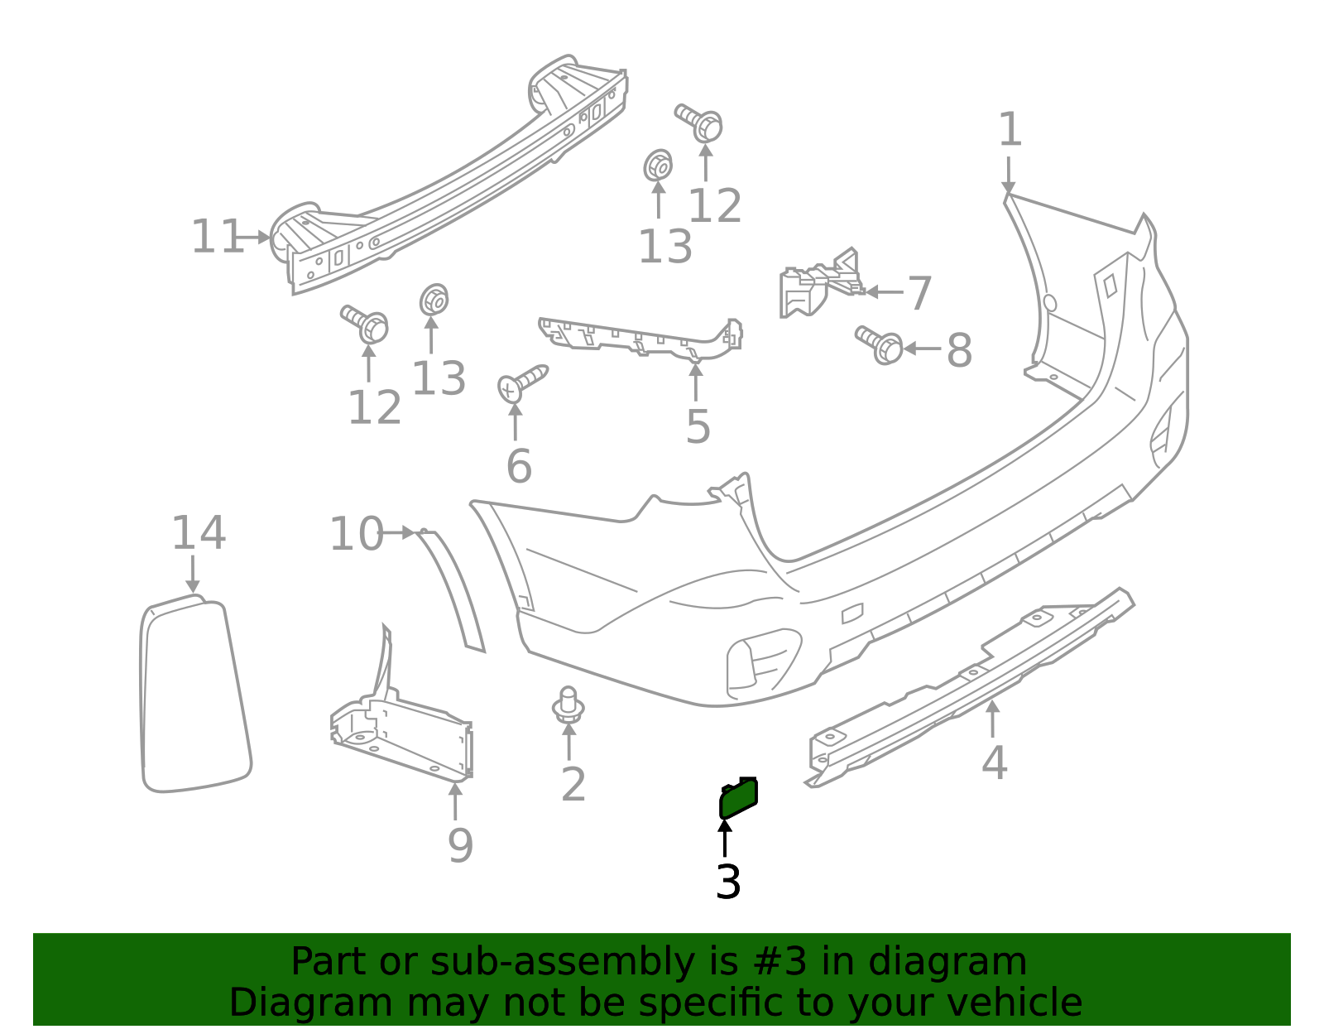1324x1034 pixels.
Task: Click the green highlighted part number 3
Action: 738,800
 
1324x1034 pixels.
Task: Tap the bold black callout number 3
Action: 728,883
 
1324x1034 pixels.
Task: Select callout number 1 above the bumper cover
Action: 1010,131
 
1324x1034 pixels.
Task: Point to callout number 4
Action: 994,762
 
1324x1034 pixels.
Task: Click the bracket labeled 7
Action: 815,286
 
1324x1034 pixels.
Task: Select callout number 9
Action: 460,845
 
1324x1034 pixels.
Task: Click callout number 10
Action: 357,534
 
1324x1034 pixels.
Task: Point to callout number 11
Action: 216,238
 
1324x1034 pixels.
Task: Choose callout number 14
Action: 198,533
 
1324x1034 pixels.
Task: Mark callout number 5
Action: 698,427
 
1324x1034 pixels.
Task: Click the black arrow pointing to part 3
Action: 725,836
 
